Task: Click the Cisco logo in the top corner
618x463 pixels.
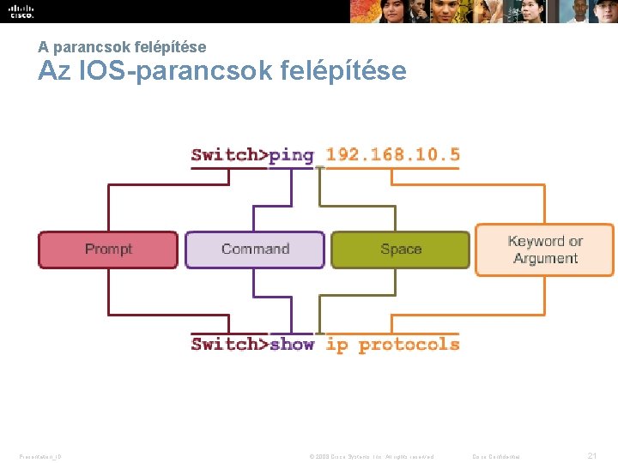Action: (21, 11)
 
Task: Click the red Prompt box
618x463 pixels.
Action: (108, 250)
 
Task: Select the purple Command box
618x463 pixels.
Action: (255, 250)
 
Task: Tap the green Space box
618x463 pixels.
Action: (401, 250)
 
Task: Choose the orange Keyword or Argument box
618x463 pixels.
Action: (545, 250)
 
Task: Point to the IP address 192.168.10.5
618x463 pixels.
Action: (393, 155)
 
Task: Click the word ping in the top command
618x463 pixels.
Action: (291, 155)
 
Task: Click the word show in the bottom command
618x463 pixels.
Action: (291, 345)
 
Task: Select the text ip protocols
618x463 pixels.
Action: (393, 345)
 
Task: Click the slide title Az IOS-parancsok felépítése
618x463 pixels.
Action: (221, 70)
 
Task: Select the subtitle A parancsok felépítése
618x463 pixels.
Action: (122, 47)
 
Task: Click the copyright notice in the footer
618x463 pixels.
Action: (370, 456)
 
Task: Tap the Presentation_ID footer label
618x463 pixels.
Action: (40, 456)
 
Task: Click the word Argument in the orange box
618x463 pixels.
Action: (545, 259)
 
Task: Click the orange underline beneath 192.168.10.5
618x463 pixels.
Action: (393, 168)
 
